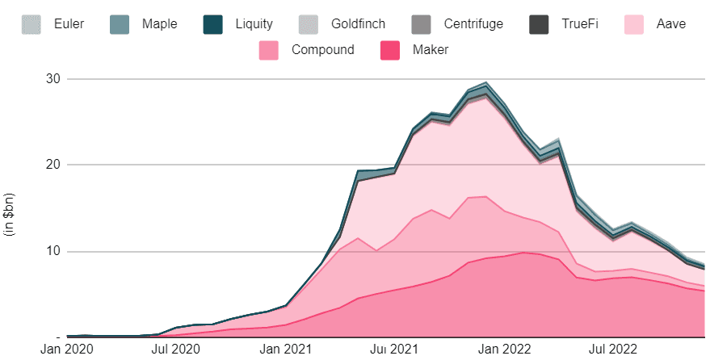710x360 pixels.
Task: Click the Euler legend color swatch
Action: click(x=32, y=24)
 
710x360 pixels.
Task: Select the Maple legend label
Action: click(x=159, y=24)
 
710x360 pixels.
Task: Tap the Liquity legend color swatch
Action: click(x=212, y=24)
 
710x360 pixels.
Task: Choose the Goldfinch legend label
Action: click(x=358, y=24)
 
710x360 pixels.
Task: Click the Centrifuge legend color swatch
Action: click(x=421, y=24)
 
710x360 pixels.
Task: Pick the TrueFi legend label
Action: click(x=580, y=23)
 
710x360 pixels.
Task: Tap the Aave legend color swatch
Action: click(x=634, y=24)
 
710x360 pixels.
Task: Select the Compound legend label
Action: click(x=323, y=50)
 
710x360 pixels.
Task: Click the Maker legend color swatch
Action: click(x=390, y=50)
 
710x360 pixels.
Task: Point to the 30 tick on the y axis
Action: click(x=53, y=78)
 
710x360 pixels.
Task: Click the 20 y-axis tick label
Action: click(x=53, y=164)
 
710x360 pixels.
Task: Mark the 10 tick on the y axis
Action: click(x=53, y=251)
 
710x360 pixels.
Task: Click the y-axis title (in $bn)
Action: click(x=10, y=215)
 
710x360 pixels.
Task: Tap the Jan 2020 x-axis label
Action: click(x=68, y=350)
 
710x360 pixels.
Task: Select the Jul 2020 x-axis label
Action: click(x=177, y=350)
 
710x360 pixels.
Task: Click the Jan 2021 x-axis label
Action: click(x=285, y=350)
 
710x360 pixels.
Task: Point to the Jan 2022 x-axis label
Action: click(x=504, y=350)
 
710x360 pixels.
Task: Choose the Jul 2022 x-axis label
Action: click(x=613, y=350)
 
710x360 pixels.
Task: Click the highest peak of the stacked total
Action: click(x=486, y=82)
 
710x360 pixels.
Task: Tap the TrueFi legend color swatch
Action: click(x=539, y=24)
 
